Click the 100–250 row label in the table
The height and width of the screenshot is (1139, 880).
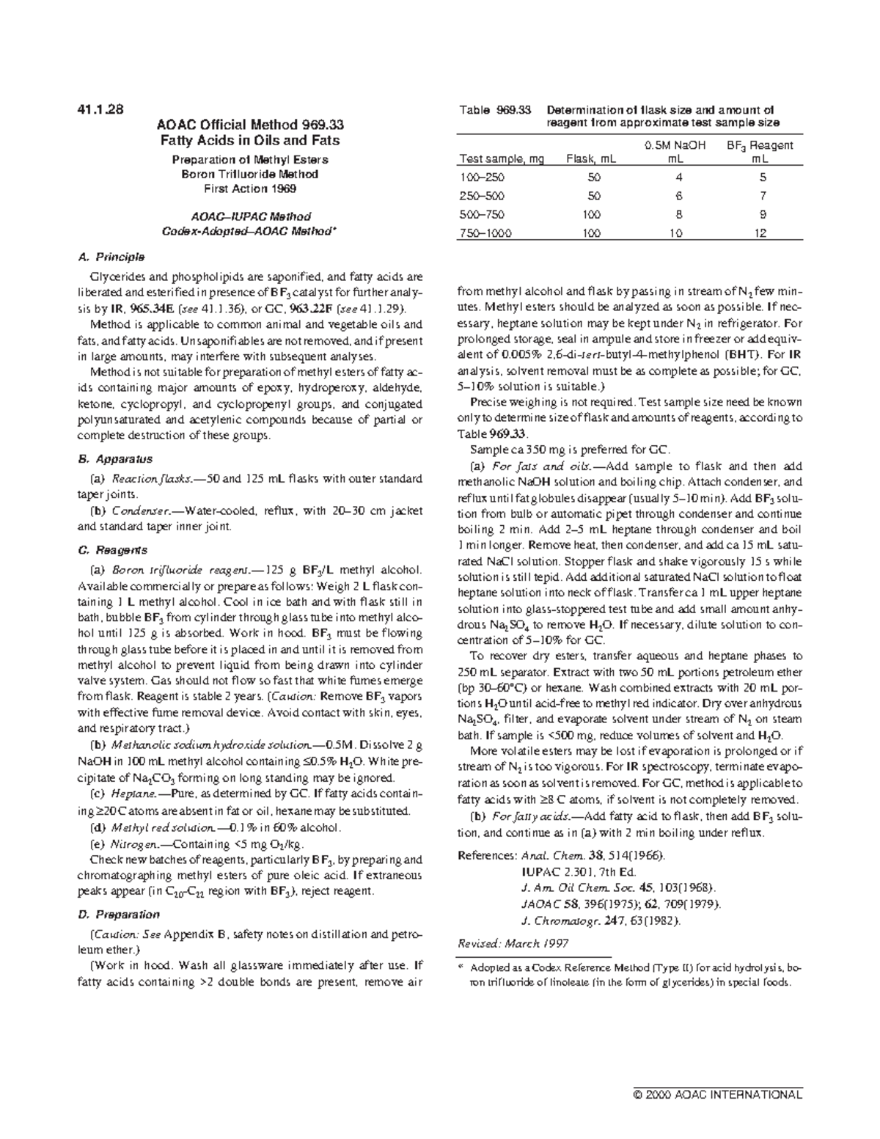click(x=482, y=177)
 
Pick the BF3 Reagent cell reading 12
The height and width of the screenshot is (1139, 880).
click(x=763, y=233)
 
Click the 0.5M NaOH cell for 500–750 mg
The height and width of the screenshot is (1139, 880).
click(x=678, y=215)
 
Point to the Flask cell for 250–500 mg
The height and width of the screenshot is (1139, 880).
click(x=594, y=196)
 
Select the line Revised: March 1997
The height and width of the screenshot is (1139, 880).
click(x=513, y=943)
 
